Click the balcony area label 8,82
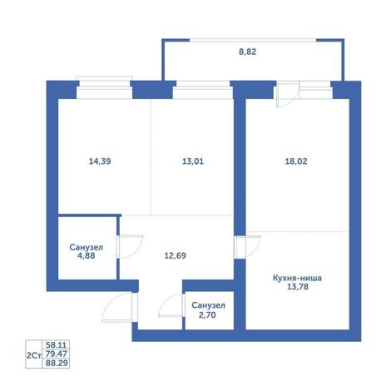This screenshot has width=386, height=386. pos(248,52)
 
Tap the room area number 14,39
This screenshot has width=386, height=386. pos(100,161)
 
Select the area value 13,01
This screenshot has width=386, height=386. pos(193,161)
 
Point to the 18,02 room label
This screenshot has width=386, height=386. pos(296,161)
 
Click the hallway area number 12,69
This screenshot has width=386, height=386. pos(176,255)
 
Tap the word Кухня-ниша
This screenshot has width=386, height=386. pos(297,278)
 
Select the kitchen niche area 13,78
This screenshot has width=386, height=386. pos(298,287)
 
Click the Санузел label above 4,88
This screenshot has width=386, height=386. pos(86,247)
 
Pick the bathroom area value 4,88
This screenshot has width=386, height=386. pos(86,255)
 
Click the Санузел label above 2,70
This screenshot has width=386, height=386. pos(208,305)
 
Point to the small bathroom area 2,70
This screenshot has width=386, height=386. pos(207,315)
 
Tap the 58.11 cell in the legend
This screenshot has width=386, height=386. pos(56,345)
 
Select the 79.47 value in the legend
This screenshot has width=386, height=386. pos(57,354)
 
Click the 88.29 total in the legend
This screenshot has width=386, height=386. pos(57,363)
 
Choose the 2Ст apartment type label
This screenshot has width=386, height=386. pos(34,355)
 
